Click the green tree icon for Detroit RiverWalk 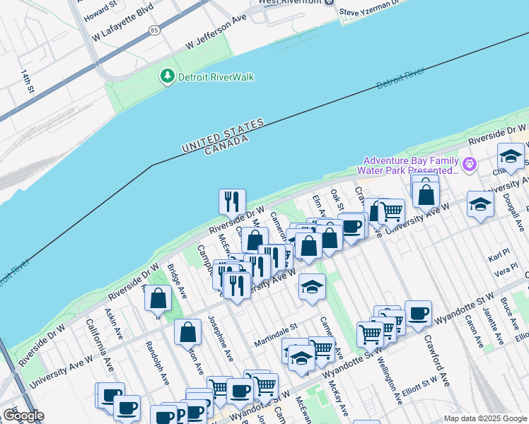pos(168,76)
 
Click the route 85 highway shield pos(154,30)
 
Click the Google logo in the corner pos(23,416)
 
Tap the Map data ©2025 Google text pos(484,418)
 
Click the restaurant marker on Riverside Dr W pos(232,202)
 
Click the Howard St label pos(100,7)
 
